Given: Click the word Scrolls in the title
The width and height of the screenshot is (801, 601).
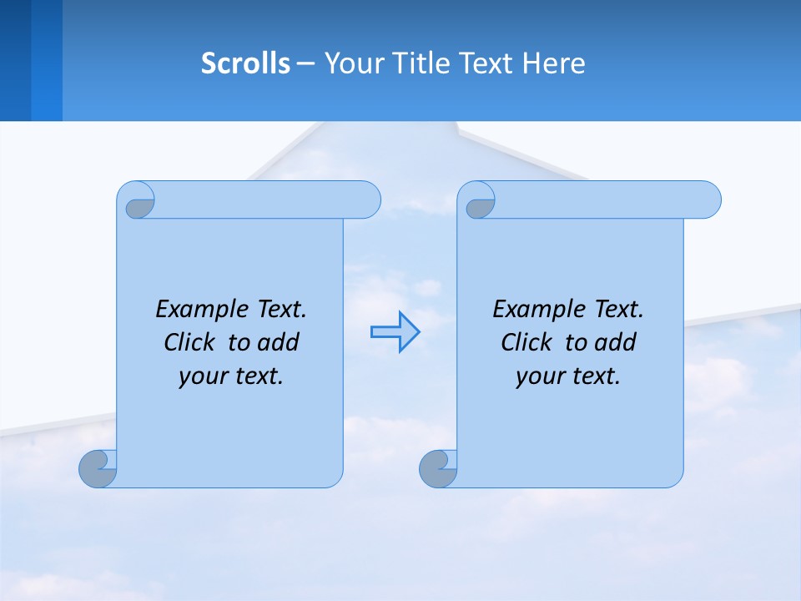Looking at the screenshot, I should (x=245, y=63).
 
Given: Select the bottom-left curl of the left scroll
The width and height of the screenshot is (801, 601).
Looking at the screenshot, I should (x=98, y=468).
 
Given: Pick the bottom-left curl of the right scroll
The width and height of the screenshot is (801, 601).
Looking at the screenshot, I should (x=437, y=468).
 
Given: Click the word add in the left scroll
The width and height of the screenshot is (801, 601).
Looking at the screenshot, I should (x=279, y=343).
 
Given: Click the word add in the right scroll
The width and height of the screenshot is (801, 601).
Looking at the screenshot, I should (x=616, y=343).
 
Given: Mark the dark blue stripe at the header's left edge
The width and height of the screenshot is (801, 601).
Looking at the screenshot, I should (x=16, y=60).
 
